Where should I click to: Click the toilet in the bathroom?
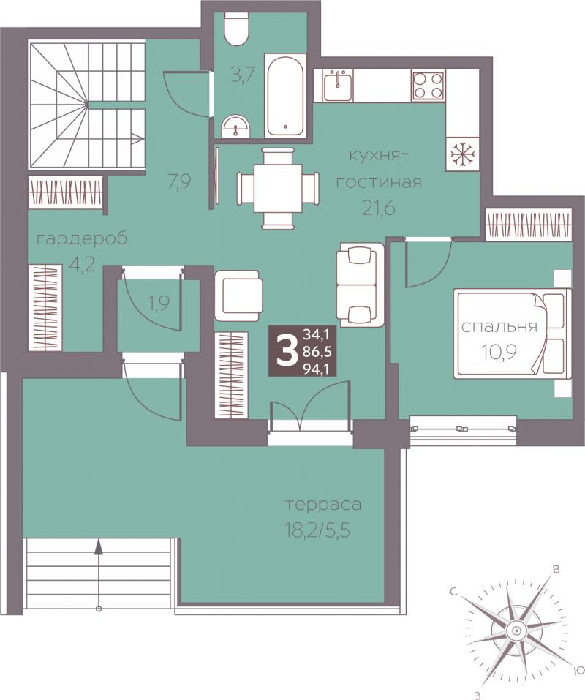pos(235,29)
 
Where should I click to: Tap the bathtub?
pos(285,96)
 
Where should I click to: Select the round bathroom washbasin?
pos(236,127)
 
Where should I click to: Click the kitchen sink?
pos(338,86)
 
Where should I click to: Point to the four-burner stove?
pos(428,86)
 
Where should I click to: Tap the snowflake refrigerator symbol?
pos(463,154)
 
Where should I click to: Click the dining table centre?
pos(278,189)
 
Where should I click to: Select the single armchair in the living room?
pos(238,296)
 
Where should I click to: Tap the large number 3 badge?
pos(286,352)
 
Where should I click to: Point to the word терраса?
pos(323,505)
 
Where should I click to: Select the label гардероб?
pos(82,239)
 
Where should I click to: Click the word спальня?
pos(499,326)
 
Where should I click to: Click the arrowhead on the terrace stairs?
pos(99,546)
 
